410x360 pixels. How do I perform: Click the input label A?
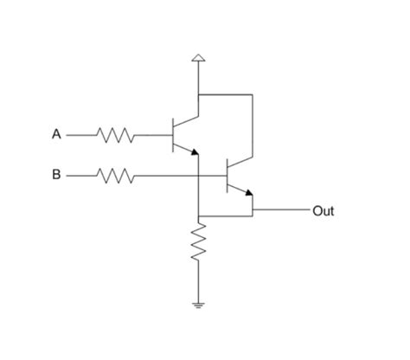point(56,134)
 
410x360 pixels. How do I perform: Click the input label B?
point(56,175)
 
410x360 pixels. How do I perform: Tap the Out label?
point(324,211)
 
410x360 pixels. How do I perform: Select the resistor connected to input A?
point(115,135)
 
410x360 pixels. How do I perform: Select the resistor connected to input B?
point(115,176)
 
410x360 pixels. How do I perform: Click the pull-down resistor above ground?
point(198,241)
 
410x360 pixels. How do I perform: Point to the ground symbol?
point(198,305)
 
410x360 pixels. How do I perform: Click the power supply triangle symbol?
point(198,57)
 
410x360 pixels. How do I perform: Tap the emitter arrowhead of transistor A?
point(195,151)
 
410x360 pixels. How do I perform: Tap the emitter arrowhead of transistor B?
point(249,192)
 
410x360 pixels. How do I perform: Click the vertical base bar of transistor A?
point(173,135)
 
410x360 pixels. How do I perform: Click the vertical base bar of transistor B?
point(227,176)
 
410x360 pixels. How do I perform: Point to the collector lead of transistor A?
point(186,121)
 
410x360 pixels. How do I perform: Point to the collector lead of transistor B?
point(240,162)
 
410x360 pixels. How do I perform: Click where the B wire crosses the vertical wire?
point(198,176)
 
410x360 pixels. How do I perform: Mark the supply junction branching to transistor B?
point(198,94)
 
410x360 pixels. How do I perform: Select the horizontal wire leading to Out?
point(281,209)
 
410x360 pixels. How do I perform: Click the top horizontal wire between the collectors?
point(226,94)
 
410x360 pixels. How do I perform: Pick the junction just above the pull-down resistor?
point(198,215)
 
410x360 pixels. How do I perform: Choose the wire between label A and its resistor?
point(81,135)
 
